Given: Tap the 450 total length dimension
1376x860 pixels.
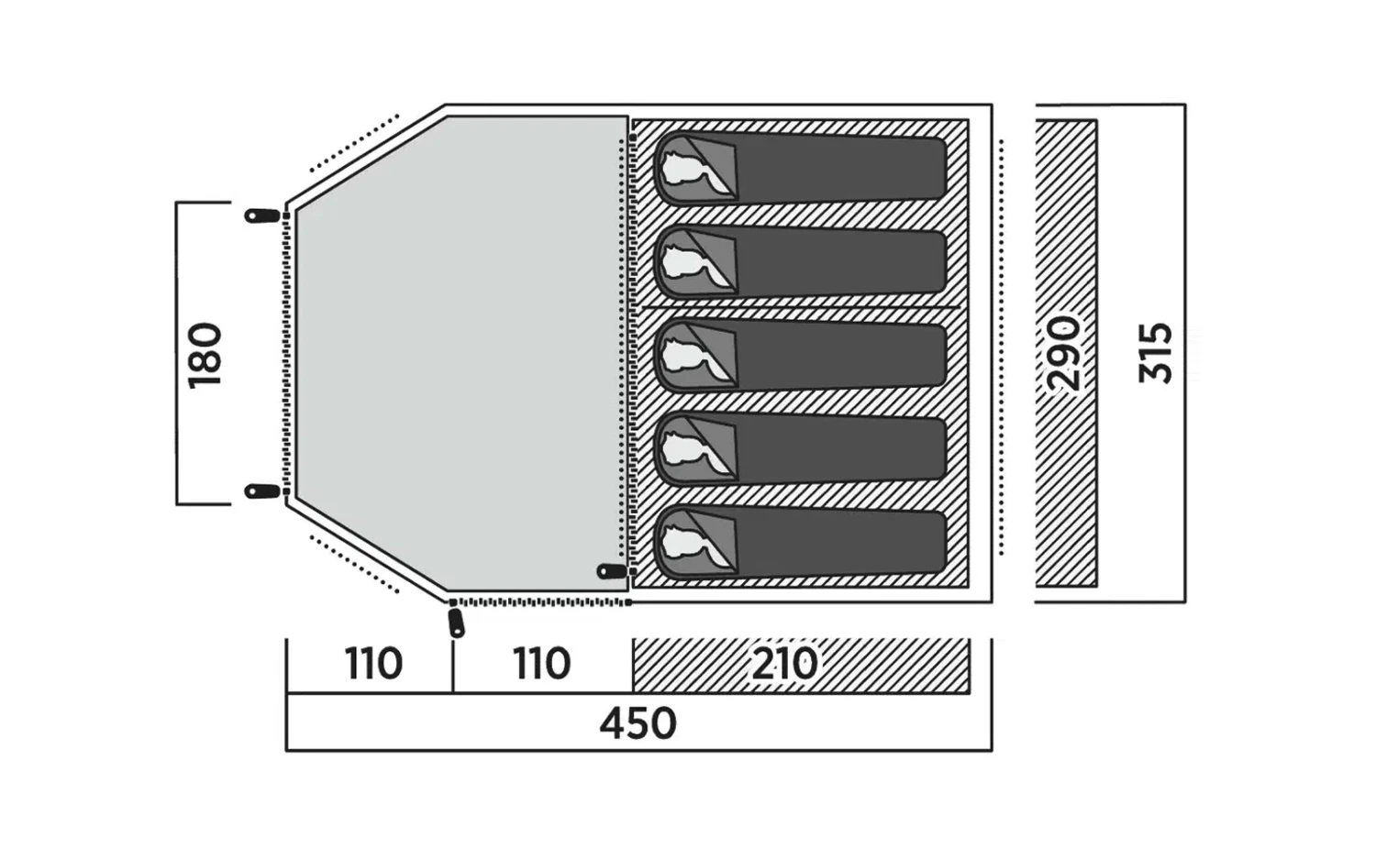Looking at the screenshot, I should (638, 723).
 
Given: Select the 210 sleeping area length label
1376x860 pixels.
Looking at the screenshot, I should (784, 663).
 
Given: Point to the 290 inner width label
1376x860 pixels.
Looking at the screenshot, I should (1065, 353).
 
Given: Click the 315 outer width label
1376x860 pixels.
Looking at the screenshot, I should (1155, 353).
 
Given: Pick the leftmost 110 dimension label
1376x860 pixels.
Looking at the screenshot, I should (373, 663).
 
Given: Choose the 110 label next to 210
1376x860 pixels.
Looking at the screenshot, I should (542, 663).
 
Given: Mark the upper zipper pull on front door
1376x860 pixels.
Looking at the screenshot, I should (262, 216).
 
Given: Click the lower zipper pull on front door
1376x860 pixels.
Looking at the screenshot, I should (262, 491).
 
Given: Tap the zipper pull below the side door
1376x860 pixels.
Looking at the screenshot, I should (456, 622).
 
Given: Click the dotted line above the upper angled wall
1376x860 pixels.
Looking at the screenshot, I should (355, 143).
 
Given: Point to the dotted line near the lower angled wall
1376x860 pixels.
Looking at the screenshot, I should (354, 563).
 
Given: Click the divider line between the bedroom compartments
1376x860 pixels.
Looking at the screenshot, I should (798, 307).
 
